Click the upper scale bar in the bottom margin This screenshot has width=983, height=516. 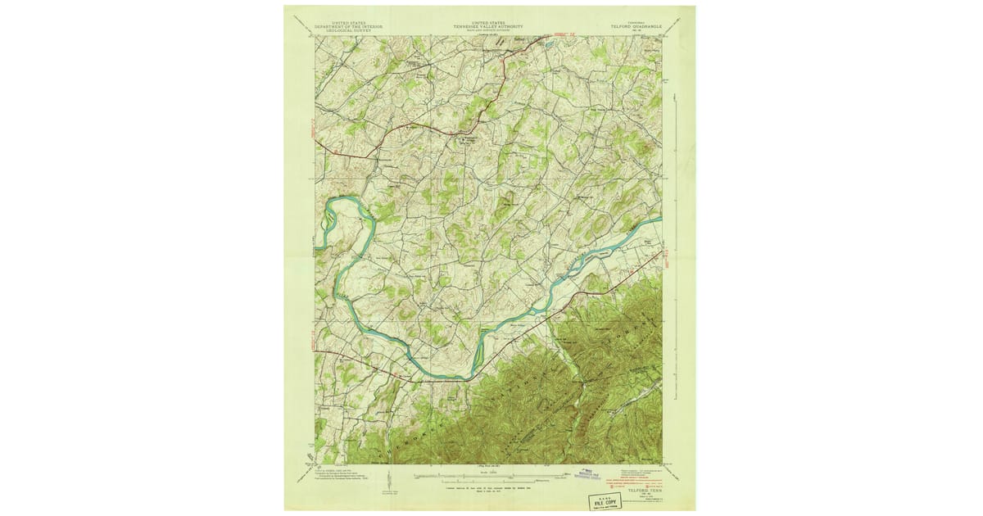pos(490,473)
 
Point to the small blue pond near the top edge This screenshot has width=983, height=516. pos(546,45)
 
